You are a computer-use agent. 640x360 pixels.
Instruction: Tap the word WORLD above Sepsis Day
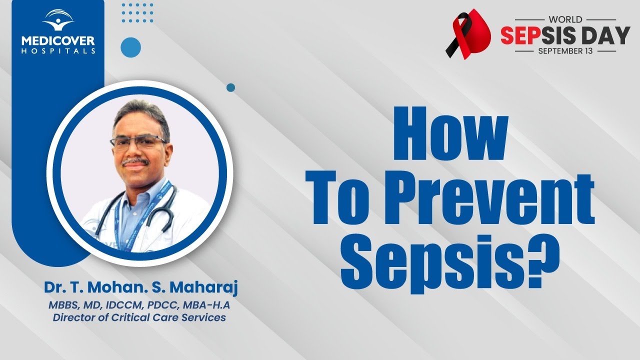point(565,19)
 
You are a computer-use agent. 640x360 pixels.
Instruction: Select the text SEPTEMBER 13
point(565,51)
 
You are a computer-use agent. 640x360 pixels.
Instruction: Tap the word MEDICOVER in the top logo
point(58,40)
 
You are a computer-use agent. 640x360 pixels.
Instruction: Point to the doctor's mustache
point(135,161)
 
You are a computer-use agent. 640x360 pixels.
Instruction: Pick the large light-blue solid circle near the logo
point(130,47)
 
